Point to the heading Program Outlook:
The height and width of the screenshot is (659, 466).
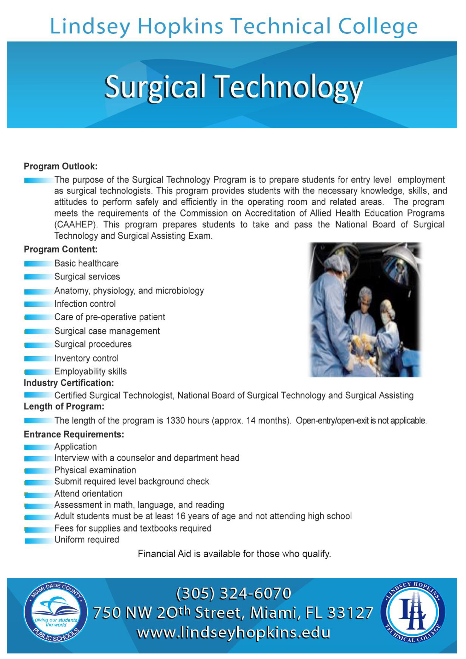click(61, 166)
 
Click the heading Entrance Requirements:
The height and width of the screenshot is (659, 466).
click(74, 434)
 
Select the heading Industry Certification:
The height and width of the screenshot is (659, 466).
click(69, 383)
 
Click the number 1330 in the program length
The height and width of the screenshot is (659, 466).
click(175, 421)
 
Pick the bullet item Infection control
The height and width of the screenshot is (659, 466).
click(85, 304)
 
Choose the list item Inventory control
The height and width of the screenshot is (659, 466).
click(86, 358)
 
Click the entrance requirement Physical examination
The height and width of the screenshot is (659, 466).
click(95, 470)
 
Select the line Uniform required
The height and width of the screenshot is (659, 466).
click(87, 539)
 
